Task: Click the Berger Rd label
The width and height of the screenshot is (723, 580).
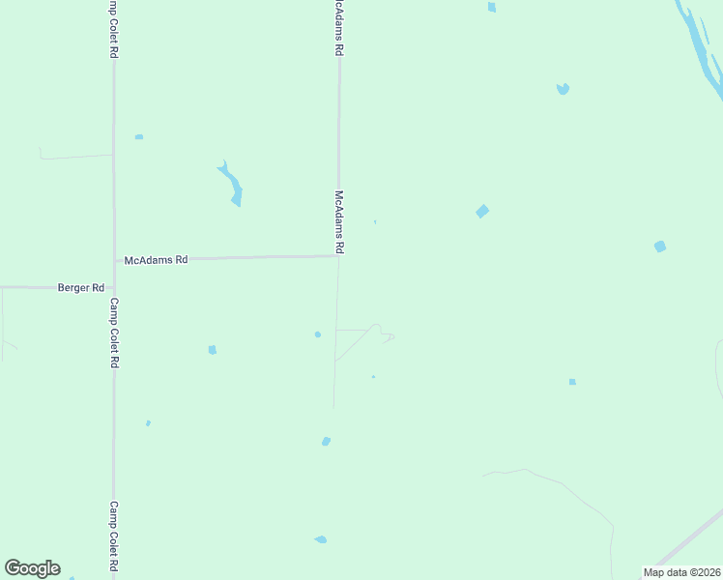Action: (80, 288)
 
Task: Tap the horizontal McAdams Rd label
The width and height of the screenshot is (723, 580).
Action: (156, 260)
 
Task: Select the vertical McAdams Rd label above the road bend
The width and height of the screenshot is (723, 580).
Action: (339, 221)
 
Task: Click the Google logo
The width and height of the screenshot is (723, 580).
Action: (32, 568)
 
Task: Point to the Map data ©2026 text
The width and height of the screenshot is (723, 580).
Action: (681, 572)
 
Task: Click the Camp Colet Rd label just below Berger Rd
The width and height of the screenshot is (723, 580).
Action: (114, 333)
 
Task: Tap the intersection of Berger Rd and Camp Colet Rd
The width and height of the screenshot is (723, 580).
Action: (114, 287)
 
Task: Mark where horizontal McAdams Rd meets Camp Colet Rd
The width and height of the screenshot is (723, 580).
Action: (114, 259)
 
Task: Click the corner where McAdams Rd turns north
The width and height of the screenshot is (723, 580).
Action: (337, 256)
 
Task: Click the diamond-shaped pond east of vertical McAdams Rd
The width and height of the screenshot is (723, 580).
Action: (481, 212)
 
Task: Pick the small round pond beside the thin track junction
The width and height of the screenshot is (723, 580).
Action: (317, 334)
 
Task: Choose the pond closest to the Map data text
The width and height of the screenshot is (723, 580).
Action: (572, 382)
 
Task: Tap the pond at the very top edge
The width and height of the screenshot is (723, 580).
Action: (492, 7)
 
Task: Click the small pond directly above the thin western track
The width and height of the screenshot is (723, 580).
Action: (139, 137)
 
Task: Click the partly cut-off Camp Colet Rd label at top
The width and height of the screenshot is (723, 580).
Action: (114, 29)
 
